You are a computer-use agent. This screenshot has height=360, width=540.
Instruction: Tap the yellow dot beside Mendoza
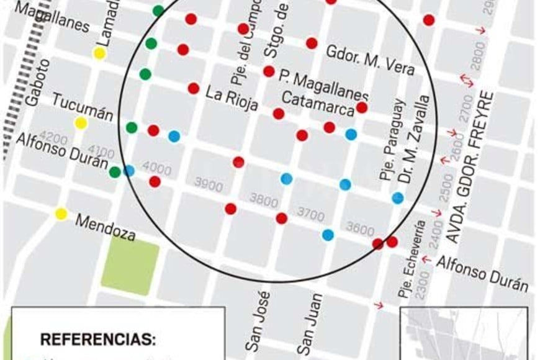coord(61,214)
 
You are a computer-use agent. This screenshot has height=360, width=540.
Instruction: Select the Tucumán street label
coord(83,107)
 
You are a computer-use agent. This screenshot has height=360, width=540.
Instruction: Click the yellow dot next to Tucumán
coord(81,123)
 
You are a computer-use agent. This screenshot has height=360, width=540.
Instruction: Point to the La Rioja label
coord(232,99)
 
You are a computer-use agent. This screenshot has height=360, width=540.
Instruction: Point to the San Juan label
coord(308,323)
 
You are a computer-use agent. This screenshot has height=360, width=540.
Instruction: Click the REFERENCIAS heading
coord(98,340)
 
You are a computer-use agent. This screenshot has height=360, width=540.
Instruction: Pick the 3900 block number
coord(208,184)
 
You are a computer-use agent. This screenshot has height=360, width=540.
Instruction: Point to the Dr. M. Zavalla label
coord(414,140)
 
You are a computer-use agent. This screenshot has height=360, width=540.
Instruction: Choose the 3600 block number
coord(360,228)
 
